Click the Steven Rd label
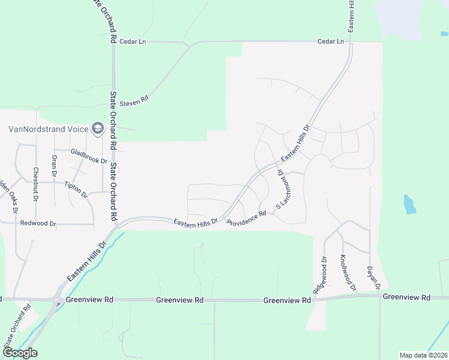[x=133, y=102]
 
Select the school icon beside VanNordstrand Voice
[x=97, y=128]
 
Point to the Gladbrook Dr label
[x=88, y=157]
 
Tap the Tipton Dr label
[x=76, y=190]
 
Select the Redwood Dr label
[x=38, y=223]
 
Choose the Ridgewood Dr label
[x=319, y=275]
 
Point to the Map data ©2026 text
[x=423, y=355]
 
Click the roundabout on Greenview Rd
[x=57, y=299]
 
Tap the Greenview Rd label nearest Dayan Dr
[x=406, y=297]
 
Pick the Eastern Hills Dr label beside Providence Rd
[x=195, y=222]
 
